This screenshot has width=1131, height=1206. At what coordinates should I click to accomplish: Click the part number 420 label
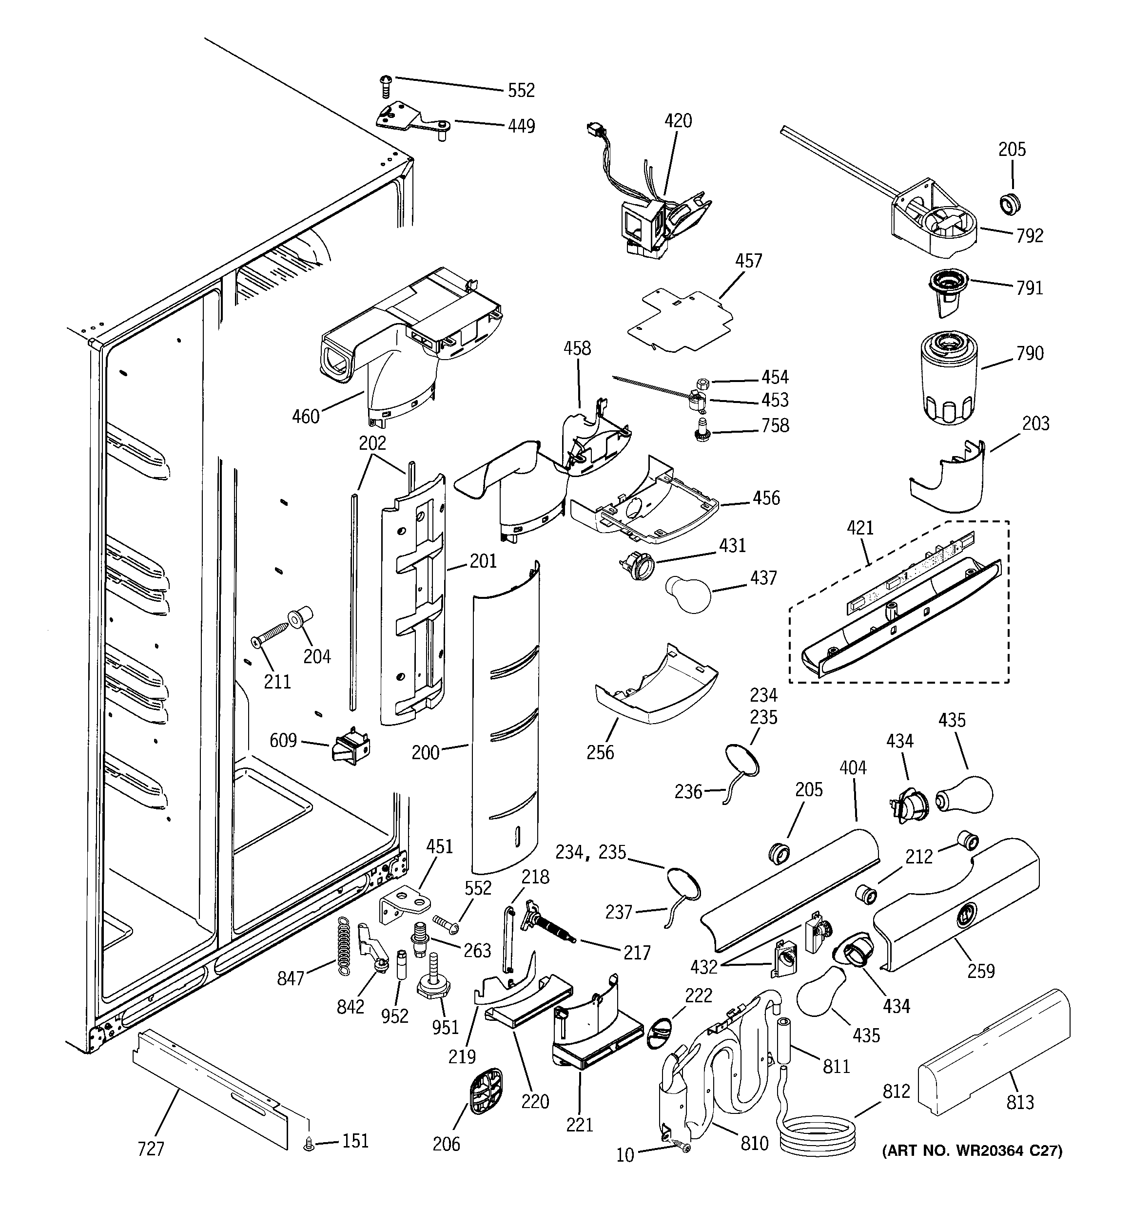678,121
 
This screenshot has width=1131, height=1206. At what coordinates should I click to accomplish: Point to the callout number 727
151,1149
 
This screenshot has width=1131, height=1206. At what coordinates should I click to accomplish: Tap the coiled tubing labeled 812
817,1134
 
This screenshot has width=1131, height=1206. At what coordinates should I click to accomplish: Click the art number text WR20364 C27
971,1151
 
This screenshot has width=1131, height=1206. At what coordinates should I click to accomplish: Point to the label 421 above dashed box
859,528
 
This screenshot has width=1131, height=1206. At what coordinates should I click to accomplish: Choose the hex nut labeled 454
702,383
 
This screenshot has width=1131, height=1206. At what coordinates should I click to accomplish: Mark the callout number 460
305,417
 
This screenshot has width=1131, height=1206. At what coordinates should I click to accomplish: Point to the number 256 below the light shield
600,752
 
